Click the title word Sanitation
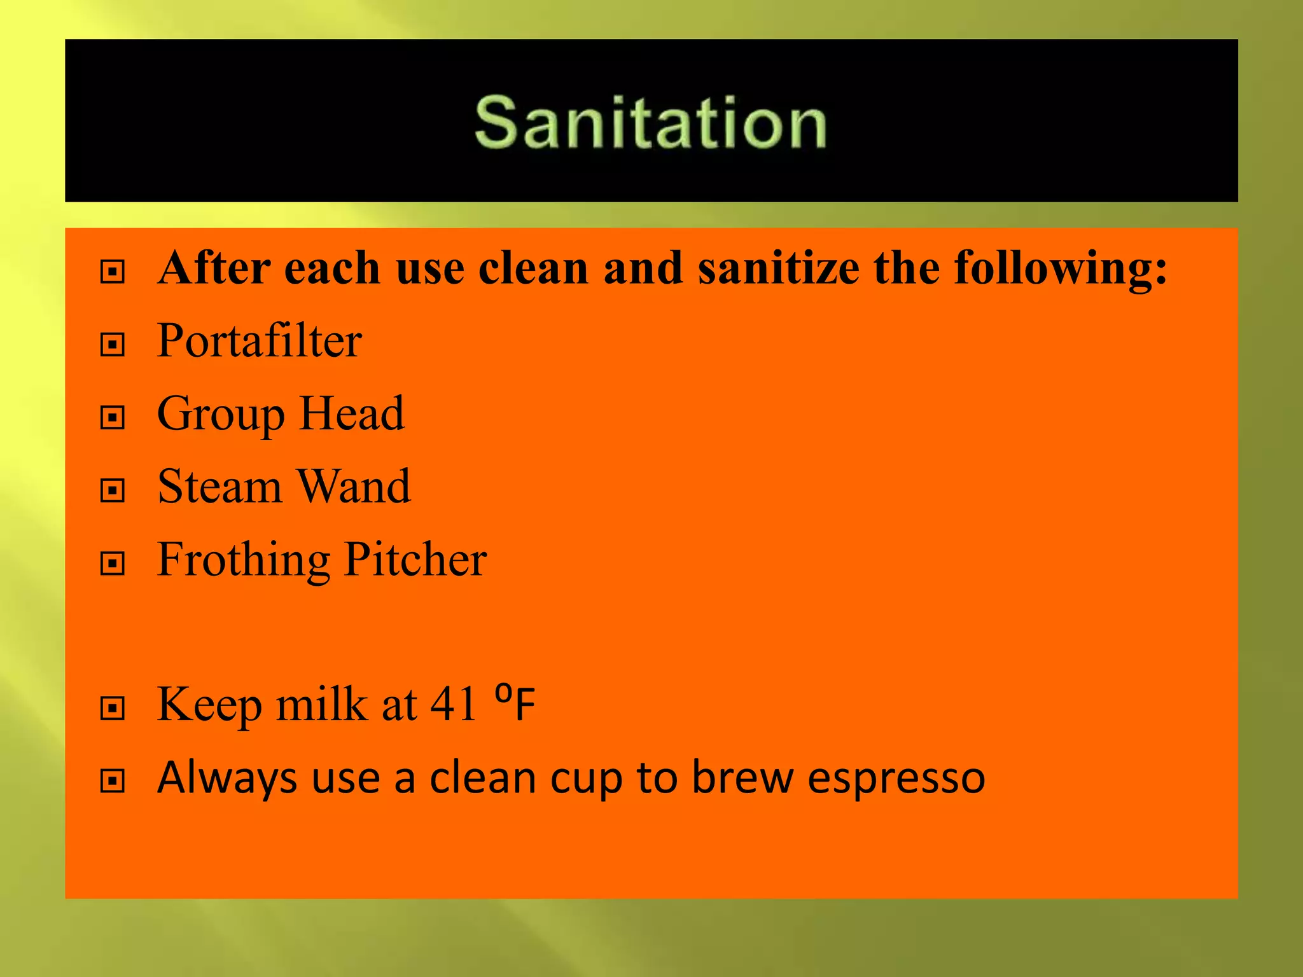click(x=650, y=122)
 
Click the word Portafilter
click(x=260, y=341)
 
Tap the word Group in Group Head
click(x=220, y=414)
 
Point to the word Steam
click(x=219, y=487)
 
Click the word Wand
click(x=354, y=487)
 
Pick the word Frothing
click(x=243, y=560)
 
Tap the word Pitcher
click(x=415, y=559)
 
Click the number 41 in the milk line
click(x=454, y=704)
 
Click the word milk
click(x=321, y=704)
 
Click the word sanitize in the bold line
click(x=779, y=268)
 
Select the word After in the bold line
click(x=214, y=268)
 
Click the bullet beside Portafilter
click(x=113, y=345)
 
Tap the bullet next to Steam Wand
click(x=113, y=490)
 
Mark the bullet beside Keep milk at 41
click(x=113, y=708)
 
